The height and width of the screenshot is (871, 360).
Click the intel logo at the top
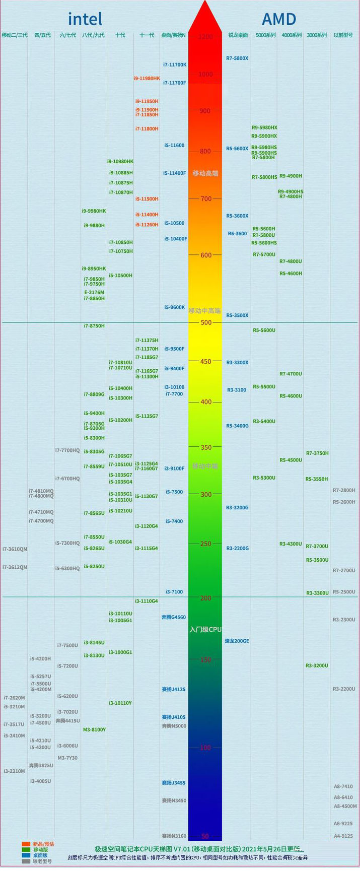pyautogui.click(x=85, y=19)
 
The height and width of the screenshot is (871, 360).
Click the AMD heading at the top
pyautogui.click(x=278, y=19)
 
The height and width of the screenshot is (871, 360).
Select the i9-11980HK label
pyautogui.click(x=147, y=79)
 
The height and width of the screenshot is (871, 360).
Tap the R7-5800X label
pyautogui.click(x=237, y=58)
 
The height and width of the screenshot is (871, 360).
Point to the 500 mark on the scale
pyautogui.click(x=205, y=322)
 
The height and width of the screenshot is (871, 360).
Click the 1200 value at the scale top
pyautogui.click(x=205, y=37)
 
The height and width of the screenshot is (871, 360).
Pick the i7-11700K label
pyautogui.click(x=175, y=65)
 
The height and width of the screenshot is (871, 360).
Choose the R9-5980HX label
pyautogui.click(x=264, y=128)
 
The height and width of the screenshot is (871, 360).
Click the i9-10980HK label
pyautogui.click(x=120, y=162)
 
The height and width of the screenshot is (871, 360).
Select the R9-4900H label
pyautogui.click(x=291, y=176)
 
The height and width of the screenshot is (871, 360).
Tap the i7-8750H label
pyautogui.click(x=94, y=326)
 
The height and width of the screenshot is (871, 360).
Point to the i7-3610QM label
pyautogui.click(x=15, y=549)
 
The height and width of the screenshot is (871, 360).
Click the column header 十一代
pyautogui.click(x=147, y=35)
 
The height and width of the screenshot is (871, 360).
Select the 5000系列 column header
pyautogui.click(x=265, y=35)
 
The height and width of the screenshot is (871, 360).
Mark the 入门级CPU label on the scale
pyautogui.click(x=205, y=630)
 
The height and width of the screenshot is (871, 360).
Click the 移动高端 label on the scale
pyautogui.click(x=205, y=173)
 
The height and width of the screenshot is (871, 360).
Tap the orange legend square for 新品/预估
pyautogui.click(x=26, y=844)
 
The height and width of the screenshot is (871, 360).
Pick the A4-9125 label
pyautogui.click(x=343, y=836)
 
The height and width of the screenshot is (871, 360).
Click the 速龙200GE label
pyautogui.click(x=237, y=641)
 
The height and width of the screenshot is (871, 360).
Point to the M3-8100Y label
pyautogui.click(x=94, y=730)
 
